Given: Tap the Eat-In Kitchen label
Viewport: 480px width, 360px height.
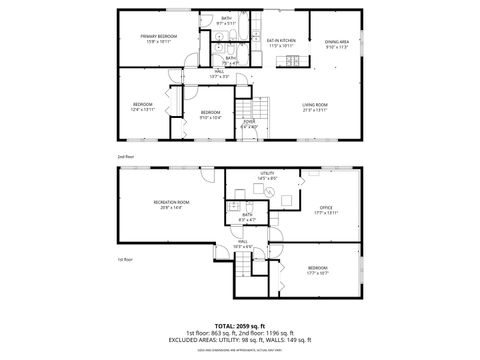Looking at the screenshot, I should click(281, 40).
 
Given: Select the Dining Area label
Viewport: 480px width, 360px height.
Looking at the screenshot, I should click(337, 41).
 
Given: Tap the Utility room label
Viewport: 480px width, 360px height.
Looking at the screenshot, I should click(267, 174).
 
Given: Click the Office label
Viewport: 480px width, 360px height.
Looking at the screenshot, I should click(326, 207).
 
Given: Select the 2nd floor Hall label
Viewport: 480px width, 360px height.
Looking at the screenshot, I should click(219, 72).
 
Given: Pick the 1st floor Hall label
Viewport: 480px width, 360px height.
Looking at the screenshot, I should click(242, 241).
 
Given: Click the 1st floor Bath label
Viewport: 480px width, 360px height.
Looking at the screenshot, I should click(247, 214).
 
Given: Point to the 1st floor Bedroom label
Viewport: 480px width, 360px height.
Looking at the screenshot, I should click(317, 268).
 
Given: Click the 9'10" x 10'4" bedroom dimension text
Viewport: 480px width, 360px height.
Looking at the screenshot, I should click(209, 117).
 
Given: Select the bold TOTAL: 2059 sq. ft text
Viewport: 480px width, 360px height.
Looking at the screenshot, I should click(240, 325).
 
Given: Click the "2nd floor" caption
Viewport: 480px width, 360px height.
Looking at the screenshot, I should click(125, 158).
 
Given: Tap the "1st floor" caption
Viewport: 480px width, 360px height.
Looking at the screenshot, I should click(125, 259).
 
